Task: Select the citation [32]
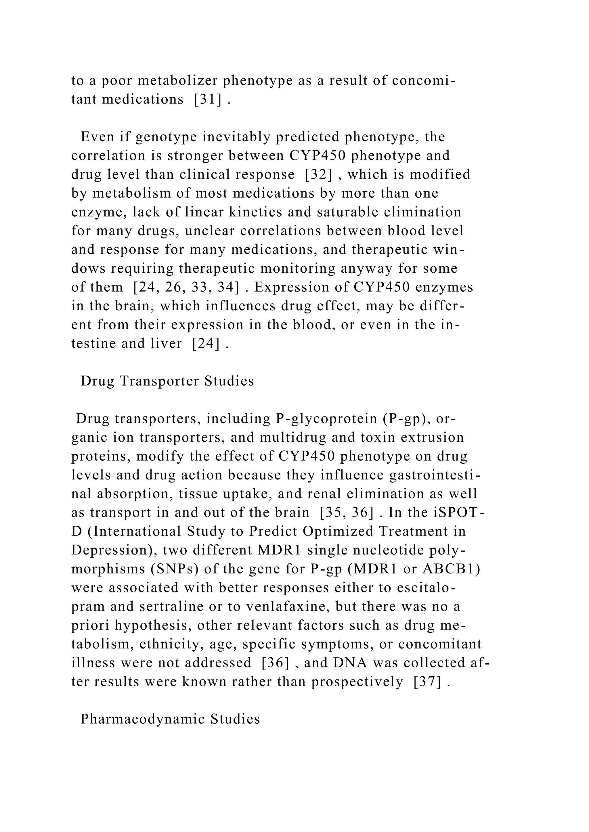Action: click(318, 174)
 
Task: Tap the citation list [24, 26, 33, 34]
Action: click(186, 287)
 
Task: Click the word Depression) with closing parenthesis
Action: click(114, 550)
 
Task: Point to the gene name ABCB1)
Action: click(451, 569)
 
